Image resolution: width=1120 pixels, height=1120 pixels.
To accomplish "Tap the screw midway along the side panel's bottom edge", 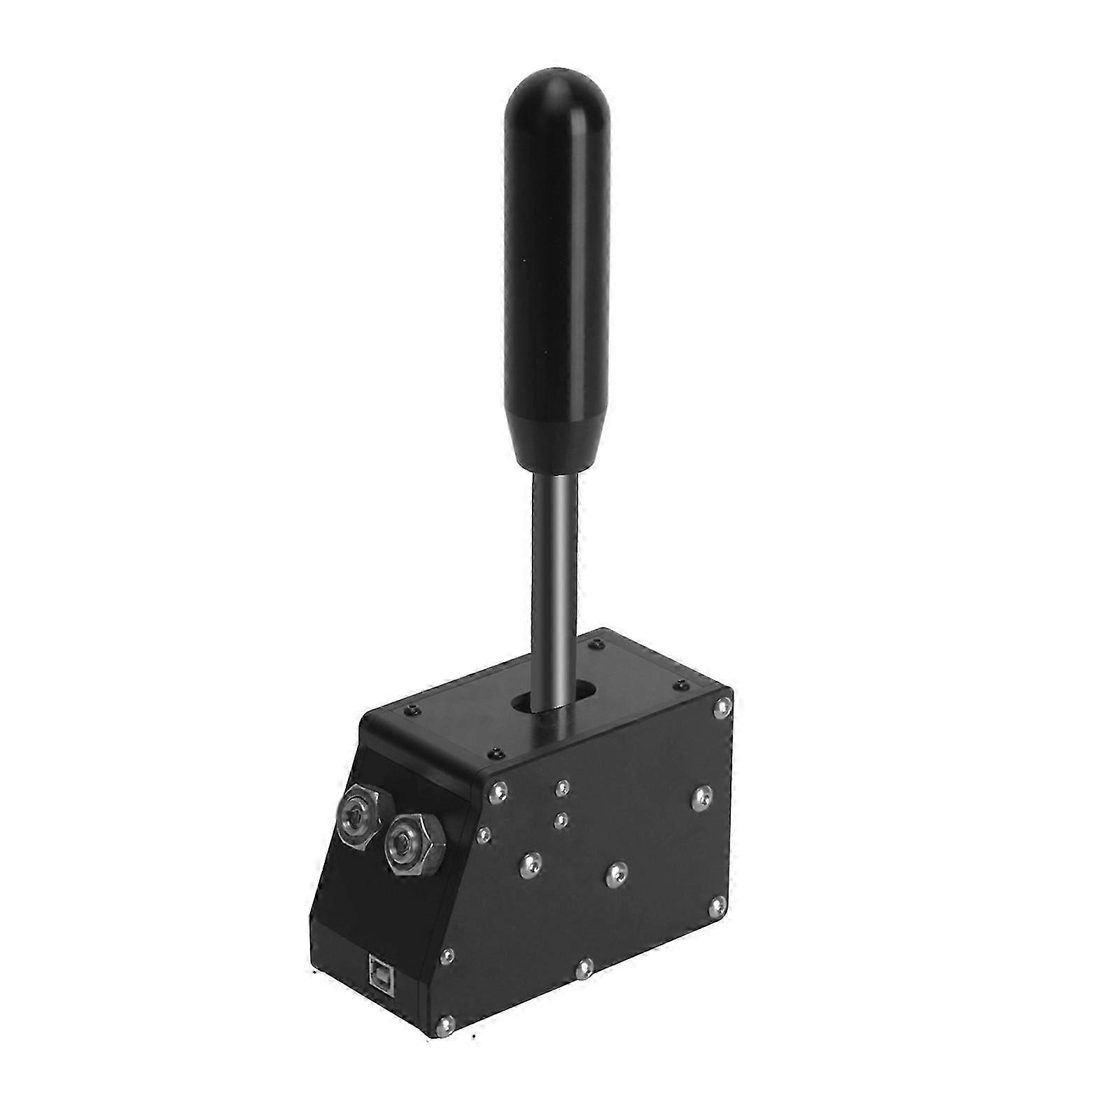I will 583,967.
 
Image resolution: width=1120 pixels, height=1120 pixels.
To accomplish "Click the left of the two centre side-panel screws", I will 530,866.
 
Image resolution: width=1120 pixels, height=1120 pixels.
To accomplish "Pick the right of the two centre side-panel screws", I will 614,874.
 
